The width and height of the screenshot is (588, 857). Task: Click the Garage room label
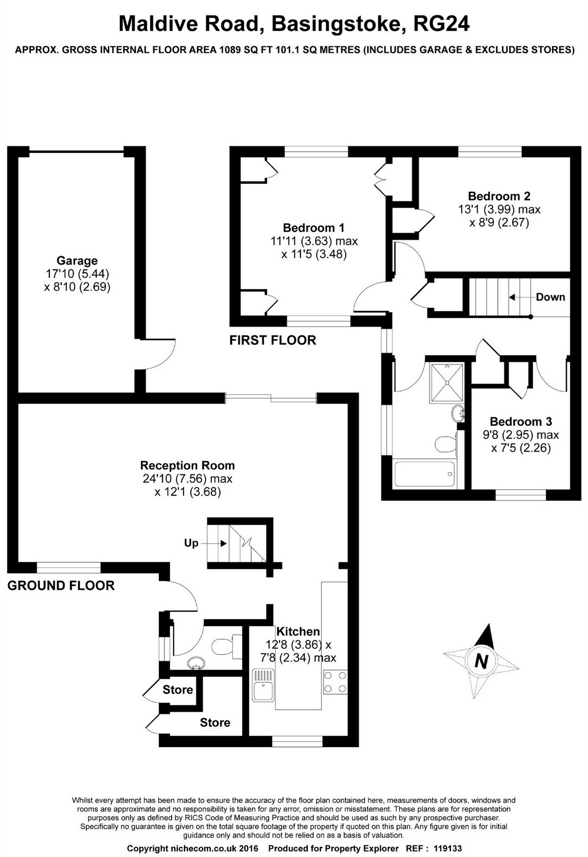coord(77,261)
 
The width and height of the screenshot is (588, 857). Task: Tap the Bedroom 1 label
coord(314,228)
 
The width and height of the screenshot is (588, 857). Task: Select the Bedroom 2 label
coord(499,196)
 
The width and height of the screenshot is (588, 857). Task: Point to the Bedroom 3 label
coord(521,421)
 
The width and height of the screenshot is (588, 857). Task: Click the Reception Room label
coord(187,465)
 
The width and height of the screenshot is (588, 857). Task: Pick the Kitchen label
coord(298,631)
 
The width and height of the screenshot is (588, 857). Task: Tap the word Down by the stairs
coord(551,297)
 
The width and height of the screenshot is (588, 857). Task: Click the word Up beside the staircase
coord(191,543)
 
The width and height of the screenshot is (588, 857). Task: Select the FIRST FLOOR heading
coord(273,340)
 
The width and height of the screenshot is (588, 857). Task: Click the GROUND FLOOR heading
coord(61,585)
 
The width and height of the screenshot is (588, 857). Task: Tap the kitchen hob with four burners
coord(335,682)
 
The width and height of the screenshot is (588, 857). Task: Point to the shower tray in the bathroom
coord(446,382)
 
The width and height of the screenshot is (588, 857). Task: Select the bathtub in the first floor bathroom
coord(424,474)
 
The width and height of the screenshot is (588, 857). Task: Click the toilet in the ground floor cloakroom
coord(225,646)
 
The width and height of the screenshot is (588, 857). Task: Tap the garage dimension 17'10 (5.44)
coord(77,274)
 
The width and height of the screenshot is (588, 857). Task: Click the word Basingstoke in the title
coord(336,24)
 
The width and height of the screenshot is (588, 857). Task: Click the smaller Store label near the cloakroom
coord(178,689)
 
